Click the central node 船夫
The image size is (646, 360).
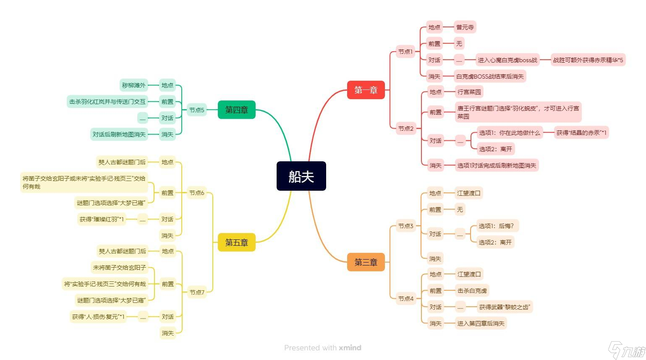[301, 176]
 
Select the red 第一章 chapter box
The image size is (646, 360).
[366, 90]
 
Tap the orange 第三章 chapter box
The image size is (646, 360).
[366, 262]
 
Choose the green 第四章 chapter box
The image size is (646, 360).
[236, 110]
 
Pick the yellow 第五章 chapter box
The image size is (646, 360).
[236, 242]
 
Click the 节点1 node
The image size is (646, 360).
[405, 52]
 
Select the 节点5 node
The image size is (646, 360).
[196, 110]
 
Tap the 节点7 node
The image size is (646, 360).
[196, 292]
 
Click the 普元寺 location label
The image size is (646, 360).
[465, 27]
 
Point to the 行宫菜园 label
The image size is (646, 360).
[469, 92]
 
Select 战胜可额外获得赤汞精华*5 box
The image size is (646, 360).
[588, 60]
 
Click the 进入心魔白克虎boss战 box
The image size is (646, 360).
[507, 60]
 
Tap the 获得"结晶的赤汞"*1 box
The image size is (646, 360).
[581, 133]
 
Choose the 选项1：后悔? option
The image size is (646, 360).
[497, 226]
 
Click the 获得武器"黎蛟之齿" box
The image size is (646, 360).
[504, 307]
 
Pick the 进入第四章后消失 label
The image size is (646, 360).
[481, 323]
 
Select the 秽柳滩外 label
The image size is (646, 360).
[133, 85]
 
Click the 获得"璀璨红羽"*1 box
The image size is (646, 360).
[102, 219]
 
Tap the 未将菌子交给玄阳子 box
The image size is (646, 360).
[119, 268]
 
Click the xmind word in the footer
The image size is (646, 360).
[350, 348]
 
